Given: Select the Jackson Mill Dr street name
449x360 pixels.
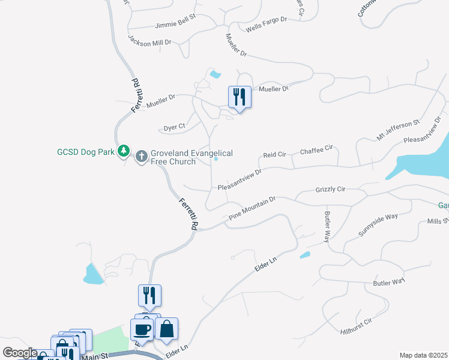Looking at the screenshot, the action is pyautogui.click(x=150, y=40).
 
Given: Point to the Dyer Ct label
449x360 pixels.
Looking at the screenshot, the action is pyautogui.click(x=175, y=127).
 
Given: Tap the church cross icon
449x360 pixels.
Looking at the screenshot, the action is pyautogui.click(x=142, y=157).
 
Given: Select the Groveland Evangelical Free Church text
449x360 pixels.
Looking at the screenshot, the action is pyautogui.click(x=191, y=158).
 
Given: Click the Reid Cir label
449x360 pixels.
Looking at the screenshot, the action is pyautogui.click(x=274, y=155).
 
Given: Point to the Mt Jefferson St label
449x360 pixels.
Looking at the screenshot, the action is pyautogui.click(x=397, y=130).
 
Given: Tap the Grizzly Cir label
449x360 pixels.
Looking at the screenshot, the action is pyautogui.click(x=330, y=190).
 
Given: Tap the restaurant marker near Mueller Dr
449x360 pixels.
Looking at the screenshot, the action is pyautogui.click(x=239, y=96).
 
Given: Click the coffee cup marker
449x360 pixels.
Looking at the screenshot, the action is pyautogui.click(x=141, y=329).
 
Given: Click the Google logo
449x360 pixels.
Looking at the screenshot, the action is pyautogui.click(x=19, y=353).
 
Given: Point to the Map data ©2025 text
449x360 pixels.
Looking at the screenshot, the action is pyautogui.click(x=423, y=355).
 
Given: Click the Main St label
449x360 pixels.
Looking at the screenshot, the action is pyautogui.click(x=94, y=356).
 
